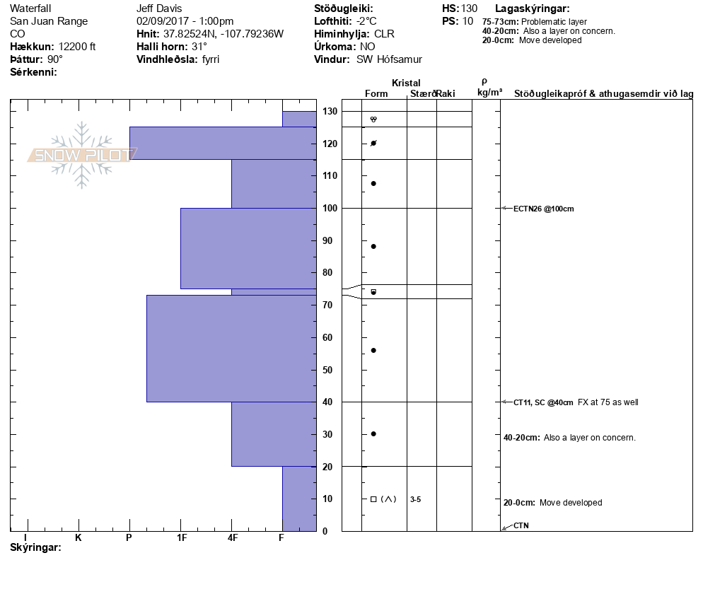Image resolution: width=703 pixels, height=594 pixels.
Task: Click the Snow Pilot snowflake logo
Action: [82, 155]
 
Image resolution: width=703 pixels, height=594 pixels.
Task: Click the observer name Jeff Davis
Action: [159, 8]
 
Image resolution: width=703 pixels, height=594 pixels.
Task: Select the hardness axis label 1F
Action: [182, 537]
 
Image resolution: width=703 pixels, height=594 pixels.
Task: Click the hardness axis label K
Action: [79, 537]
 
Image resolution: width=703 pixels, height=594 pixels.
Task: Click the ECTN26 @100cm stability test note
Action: [544, 209]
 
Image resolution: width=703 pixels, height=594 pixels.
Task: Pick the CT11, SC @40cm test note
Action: [543, 402]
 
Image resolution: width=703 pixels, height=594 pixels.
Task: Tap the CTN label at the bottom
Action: [521, 525]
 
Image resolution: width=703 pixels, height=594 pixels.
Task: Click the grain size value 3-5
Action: [415, 499]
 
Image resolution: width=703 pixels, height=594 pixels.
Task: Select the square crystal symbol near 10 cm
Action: [373, 499]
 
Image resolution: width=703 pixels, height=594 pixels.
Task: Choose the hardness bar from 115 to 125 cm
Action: [223, 143]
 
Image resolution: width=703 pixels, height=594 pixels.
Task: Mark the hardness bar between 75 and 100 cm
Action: [248, 248]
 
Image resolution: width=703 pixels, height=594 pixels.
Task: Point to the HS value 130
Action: [469, 8]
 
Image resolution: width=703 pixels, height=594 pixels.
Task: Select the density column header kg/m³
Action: [489, 93]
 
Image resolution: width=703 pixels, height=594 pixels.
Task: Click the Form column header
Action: [376, 93]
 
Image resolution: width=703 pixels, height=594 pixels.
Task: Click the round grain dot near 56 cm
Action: [373, 351]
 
